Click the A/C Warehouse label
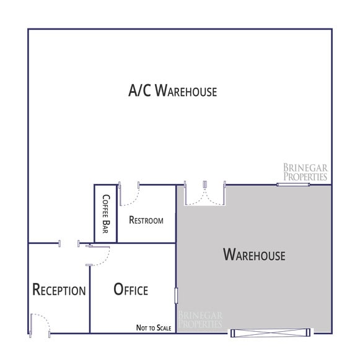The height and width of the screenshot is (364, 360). (172, 92)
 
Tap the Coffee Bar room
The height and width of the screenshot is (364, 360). (105, 214)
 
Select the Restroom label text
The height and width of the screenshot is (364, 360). (146, 220)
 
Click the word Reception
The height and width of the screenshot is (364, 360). (59, 290)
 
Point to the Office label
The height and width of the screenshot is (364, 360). (131, 290)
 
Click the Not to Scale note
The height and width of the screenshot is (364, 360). (154, 328)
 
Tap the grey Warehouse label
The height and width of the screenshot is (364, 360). (254, 254)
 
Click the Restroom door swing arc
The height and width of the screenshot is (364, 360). (129, 197)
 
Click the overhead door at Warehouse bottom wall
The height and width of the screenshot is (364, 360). (270, 333)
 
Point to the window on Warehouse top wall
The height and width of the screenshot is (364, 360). (302, 184)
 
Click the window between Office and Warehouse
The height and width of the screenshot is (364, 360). (177, 295)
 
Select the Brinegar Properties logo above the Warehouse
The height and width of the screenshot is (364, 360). (305, 172)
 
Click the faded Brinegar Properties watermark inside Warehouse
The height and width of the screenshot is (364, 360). (200, 319)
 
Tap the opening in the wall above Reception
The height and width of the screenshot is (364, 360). (69, 243)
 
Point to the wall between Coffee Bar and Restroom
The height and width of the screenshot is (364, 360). (116, 214)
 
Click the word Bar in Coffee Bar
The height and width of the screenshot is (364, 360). (105, 227)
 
